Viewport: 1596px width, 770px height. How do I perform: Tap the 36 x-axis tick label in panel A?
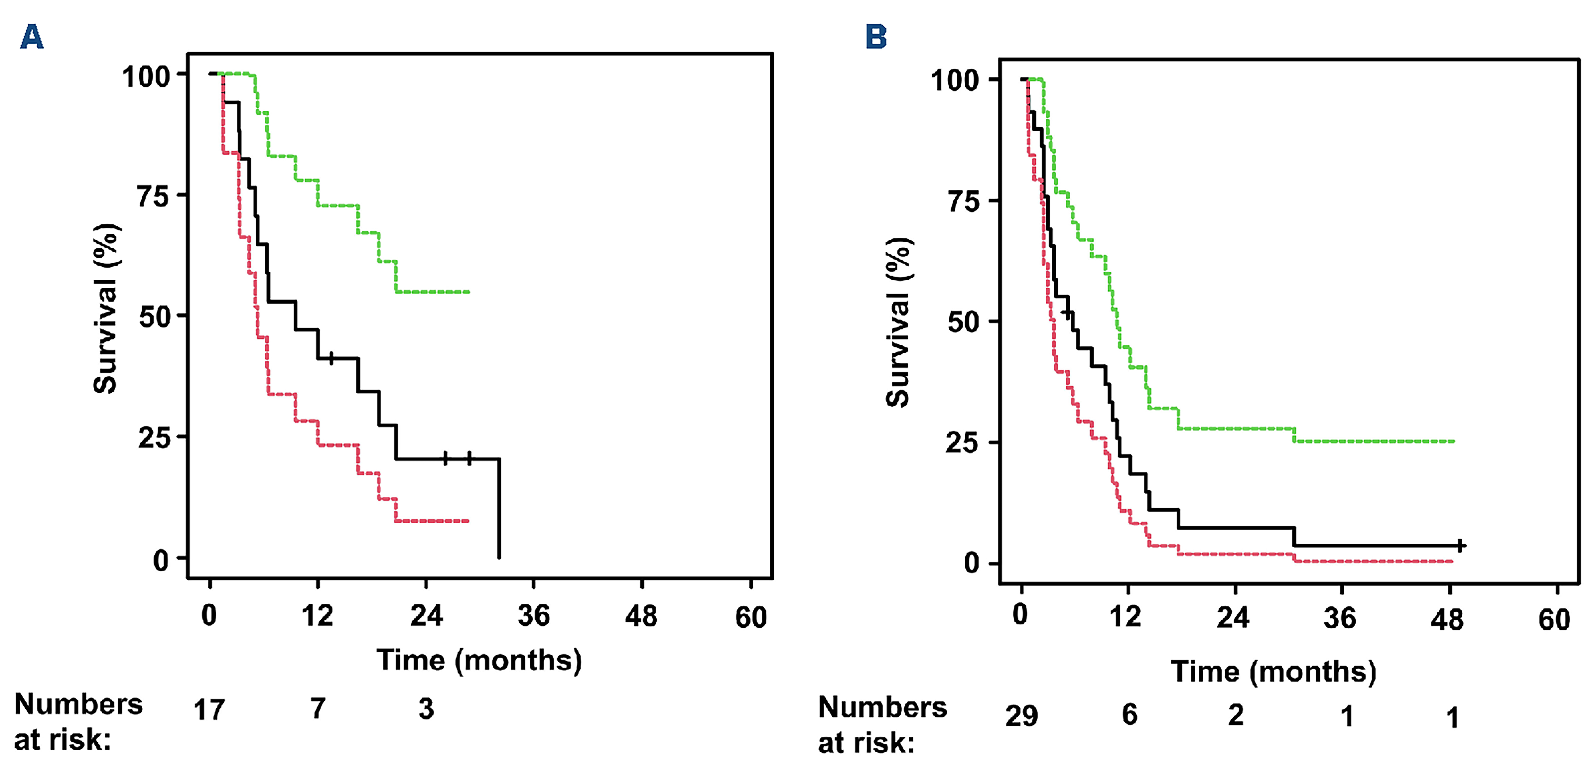pos(533,616)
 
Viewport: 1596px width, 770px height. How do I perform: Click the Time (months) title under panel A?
pos(479,661)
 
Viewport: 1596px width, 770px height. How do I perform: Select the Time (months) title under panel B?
pos(1273,671)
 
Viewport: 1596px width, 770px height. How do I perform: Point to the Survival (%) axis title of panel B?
pos(898,322)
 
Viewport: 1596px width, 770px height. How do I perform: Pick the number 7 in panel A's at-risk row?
pos(318,709)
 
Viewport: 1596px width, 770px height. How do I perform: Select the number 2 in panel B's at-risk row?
pos(1235,716)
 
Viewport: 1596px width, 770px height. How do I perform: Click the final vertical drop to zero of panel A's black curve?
pos(499,508)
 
